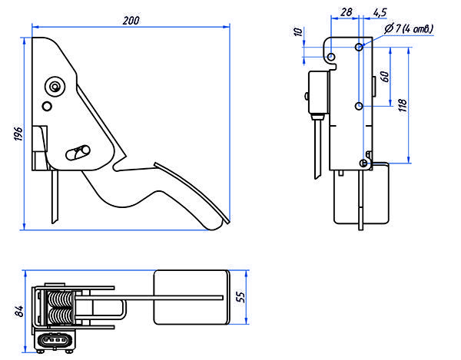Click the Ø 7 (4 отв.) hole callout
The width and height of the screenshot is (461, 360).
pos(408,28)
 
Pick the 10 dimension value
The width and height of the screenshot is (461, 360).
pos(299,33)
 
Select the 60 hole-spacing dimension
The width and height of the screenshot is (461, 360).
pos(384,77)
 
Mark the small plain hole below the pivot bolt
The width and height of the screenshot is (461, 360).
pos(47,105)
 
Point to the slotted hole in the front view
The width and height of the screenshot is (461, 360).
pos(78,151)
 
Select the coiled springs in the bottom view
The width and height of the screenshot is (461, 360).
pos(61,308)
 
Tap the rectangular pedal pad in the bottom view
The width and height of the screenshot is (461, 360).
pos(192,296)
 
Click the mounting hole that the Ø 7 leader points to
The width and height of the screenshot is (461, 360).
pos(358,48)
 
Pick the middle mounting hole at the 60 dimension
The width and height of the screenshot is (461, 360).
pos(358,105)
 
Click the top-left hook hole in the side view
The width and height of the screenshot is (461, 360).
pos(330,58)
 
